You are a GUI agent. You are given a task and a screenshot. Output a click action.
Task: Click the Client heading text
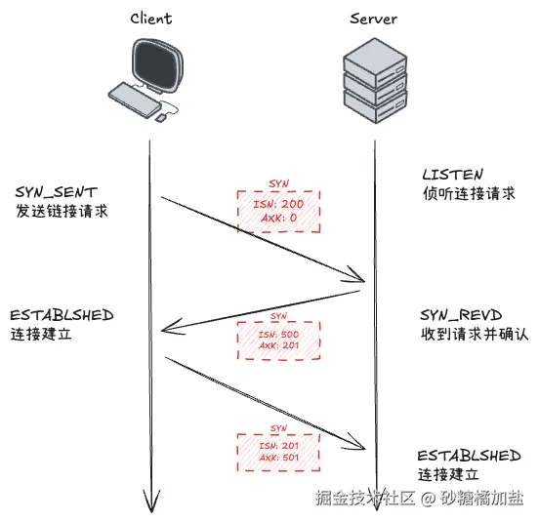tap(151, 19)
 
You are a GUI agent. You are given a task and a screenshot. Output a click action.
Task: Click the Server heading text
tap(373, 19)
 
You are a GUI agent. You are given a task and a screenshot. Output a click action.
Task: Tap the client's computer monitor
tap(157, 65)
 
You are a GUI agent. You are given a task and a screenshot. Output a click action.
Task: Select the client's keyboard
tap(135, 100)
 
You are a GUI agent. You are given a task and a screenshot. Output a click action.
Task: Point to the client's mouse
tap(160, 118)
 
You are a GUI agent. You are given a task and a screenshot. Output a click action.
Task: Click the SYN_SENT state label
tap(56, 192)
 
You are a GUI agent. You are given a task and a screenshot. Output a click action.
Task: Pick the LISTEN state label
tap(453, 175)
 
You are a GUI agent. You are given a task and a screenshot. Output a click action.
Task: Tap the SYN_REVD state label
tap(461, 315)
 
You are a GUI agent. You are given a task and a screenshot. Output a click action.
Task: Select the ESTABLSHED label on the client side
tap(62, 315)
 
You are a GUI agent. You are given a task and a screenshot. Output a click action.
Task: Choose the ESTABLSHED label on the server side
tap(470, 456)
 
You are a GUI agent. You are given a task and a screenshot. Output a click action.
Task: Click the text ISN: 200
tap(278, 204)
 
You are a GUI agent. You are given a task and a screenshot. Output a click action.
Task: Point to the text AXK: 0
tap(278, 218)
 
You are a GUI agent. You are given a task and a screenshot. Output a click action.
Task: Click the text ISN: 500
tap(278, 334)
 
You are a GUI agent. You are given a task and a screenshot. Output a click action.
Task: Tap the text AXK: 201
tap(278, 345)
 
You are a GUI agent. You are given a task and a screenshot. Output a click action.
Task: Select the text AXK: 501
tap(278, 458)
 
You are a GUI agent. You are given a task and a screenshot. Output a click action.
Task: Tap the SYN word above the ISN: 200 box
tap(278, 183)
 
